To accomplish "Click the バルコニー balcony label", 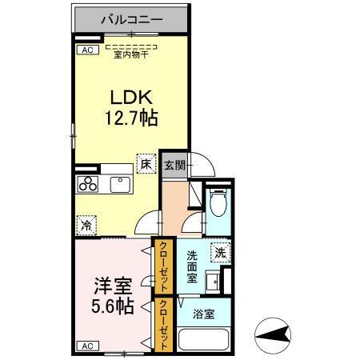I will point(132,18).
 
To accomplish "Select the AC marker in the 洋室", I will point(85,346).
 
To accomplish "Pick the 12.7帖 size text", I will point(132,119).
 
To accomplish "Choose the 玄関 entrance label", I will point(175,165).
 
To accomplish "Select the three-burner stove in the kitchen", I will point(87,185).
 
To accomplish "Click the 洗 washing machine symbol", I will point(220,252).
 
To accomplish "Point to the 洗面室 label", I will point(193,266).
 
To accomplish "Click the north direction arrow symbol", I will point(274,332).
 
